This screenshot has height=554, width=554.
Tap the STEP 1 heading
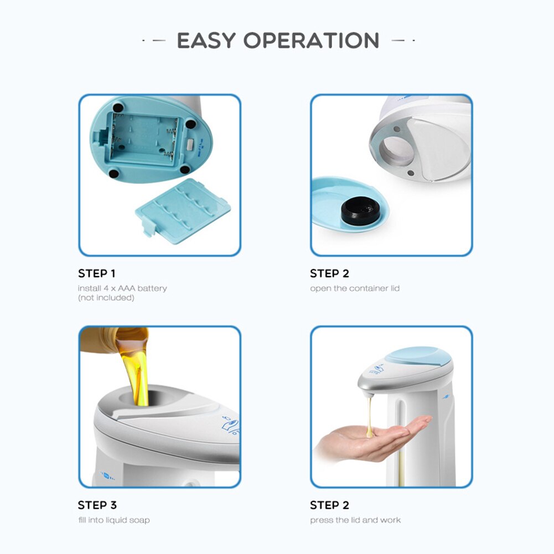[97, 273]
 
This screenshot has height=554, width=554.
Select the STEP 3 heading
[97, 505]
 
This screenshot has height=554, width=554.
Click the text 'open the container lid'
[355, 288]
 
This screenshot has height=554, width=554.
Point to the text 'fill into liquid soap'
[114, 520]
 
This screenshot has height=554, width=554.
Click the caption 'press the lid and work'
[355, 520]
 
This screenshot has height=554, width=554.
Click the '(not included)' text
[106, 298]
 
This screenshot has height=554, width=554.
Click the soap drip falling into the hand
[369, 412]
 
